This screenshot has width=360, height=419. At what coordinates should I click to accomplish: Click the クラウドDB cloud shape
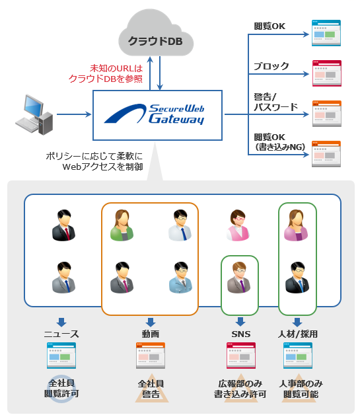click(x=155, y=40)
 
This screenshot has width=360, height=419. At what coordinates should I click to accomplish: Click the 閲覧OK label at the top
click(x=270, y=26)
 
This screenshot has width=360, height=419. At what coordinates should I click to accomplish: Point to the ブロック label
click(x=271, y=66)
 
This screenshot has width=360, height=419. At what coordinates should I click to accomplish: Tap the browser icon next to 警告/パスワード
click(x=326, y=113)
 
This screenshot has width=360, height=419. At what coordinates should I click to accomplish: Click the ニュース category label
click(x=61, y=334)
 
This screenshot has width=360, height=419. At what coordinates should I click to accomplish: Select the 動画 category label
click(x=150, y=334)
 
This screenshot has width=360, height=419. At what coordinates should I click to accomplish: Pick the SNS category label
click(x=239, y=334)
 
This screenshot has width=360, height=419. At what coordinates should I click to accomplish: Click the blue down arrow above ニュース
click(x=61, y=322)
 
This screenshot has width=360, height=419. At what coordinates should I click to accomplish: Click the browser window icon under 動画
click(x=150, y=355)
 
